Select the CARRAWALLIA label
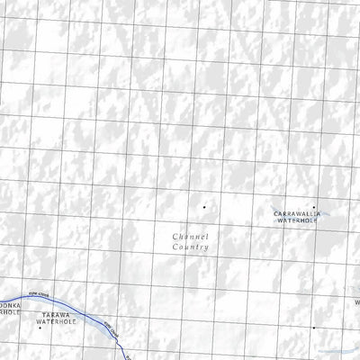pyautogui.click(x=301, y=213)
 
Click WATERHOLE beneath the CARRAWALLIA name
pyautogui.click(x=301, y=220)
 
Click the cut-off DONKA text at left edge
pyautogui.click(x=9, y=306)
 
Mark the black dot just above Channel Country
pyautogui.click(x=203, y=208)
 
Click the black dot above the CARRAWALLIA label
pyautogui.click(x=313, y=206)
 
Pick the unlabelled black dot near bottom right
pyautogui.click(x=313, y=328)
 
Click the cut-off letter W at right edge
pyautogui.click(x=356, y=302)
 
